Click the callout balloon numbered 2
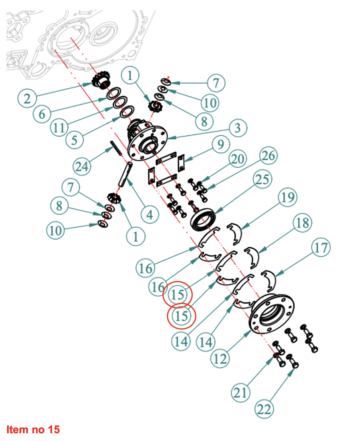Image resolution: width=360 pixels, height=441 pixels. click(27, 98)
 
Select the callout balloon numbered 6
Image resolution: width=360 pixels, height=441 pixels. click(42, 114)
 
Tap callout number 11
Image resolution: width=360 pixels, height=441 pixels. click(59, 128)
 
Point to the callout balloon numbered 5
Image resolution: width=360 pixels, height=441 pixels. click(74, 140)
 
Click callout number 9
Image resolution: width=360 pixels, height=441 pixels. click(221, 145)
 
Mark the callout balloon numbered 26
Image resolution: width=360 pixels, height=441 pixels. click(268, 156)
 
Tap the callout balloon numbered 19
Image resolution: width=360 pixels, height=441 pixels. click(288, 197)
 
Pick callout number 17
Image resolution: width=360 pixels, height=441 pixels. click(321, 247)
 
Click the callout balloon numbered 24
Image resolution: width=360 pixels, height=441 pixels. click(82, 166)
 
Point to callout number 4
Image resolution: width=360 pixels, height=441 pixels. click(150, 215)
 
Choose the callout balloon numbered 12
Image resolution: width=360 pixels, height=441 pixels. click(220, 359)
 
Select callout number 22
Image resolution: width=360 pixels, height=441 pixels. click(264, 409)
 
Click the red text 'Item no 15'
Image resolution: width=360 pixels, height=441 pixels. click(33, 429)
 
